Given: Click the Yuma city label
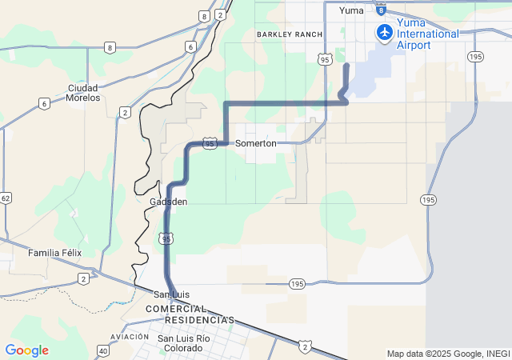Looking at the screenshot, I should tap(351, 10).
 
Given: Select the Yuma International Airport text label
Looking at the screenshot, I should tap(428, 39).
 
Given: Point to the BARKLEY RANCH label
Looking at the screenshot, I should tap(290, 34).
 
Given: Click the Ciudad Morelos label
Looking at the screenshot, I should tap(84, 92).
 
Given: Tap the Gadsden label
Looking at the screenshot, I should tap(168, 202).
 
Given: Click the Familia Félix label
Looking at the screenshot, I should tap(55, 253).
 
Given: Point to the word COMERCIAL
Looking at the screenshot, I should tap(175, 309).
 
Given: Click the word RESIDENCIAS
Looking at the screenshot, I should tap(199, 320).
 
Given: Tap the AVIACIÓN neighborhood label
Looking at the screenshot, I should tap(130, 338).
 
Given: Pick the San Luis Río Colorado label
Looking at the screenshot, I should tap(184, 343).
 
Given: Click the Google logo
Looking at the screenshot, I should tap(26, 350).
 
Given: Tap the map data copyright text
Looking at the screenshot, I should tap(447, 354).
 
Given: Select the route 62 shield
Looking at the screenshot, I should tap(6, 198).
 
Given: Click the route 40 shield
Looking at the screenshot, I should tap(102, 350).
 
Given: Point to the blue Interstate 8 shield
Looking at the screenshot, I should tap(381, 10).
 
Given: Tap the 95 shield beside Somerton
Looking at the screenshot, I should tap(210, 143).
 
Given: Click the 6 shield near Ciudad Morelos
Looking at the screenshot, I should tap(44, 103).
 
